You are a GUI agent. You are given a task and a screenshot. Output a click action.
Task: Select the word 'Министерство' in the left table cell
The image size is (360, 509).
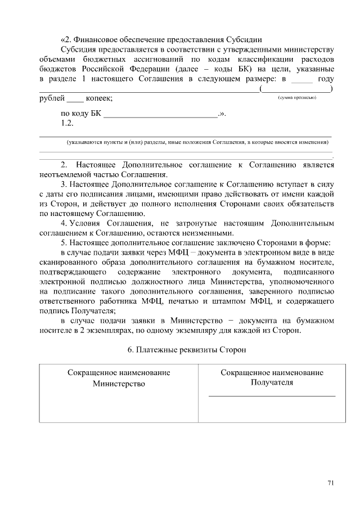click(119, 384)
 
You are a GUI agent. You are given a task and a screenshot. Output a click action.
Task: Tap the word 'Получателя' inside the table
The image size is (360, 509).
click(272, 382)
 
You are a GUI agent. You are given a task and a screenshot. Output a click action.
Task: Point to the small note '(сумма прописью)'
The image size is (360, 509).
click(298, 98)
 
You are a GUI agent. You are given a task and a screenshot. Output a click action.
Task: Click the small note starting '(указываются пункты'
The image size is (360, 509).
click(197, 143)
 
